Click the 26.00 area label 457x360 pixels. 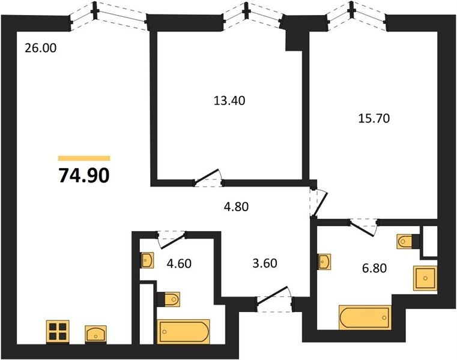click(40, 48)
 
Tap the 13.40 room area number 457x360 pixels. click(229, 101)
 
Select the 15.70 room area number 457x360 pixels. click(374, 119)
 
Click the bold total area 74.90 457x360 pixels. click(84, 176)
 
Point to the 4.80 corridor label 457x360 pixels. click(236, 207)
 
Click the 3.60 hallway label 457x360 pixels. click(265, 263)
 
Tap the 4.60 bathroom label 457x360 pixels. click(179, 263)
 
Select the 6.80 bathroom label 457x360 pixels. click(375, 268)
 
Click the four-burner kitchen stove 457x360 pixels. click(58, 331)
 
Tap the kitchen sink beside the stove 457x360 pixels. click(95, 334)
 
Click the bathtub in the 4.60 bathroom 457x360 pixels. click(183, 331)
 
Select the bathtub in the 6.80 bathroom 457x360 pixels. click(365, 317)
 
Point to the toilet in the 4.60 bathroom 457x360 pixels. click(169, 299)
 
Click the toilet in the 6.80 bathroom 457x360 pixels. click(408, 241)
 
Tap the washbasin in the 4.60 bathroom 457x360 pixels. click(148, 260)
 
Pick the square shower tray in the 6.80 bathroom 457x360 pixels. click(425, 278)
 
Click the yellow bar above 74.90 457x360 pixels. click(84, 158)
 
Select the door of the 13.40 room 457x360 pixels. click(208, 178)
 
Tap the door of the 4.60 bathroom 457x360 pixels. click(172, 239)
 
